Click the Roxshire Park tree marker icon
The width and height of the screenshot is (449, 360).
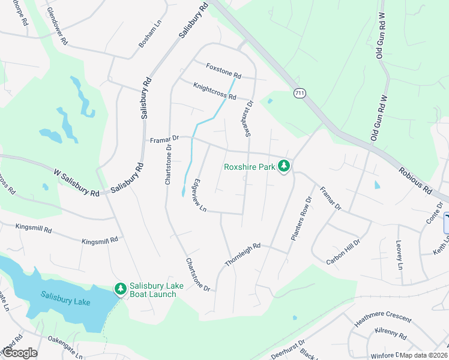coord(283,166)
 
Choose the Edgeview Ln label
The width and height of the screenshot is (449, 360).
coord(199,195)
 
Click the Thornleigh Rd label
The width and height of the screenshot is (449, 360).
coord(243,255)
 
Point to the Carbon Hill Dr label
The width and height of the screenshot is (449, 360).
coord(343,252)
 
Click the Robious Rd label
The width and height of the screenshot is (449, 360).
coord(415,180)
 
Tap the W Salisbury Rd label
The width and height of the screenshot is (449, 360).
coord(76,183)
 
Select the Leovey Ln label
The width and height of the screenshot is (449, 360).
coord(399,254)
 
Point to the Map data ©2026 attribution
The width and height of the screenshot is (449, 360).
coord(424,355)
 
